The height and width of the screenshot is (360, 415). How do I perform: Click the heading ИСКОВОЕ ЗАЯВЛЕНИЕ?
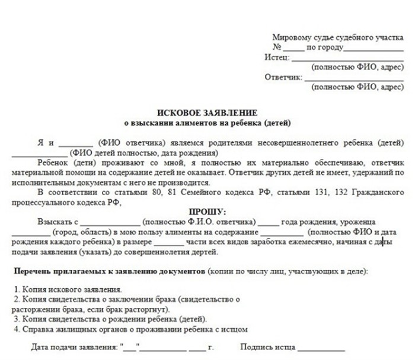(207, 113)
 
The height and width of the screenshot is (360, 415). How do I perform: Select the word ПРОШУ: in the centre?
(207, 212)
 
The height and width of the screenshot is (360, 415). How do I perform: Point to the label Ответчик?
(283, 77)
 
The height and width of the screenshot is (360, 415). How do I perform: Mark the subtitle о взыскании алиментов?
(207, 123)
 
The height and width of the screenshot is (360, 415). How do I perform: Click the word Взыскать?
(52, 222)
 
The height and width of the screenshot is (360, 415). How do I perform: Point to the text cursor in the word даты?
(383, 242)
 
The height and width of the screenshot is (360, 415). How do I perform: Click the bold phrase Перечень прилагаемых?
(62, 271)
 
